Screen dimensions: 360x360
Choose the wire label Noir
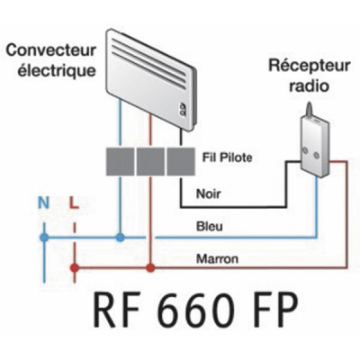coord(208,191)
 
